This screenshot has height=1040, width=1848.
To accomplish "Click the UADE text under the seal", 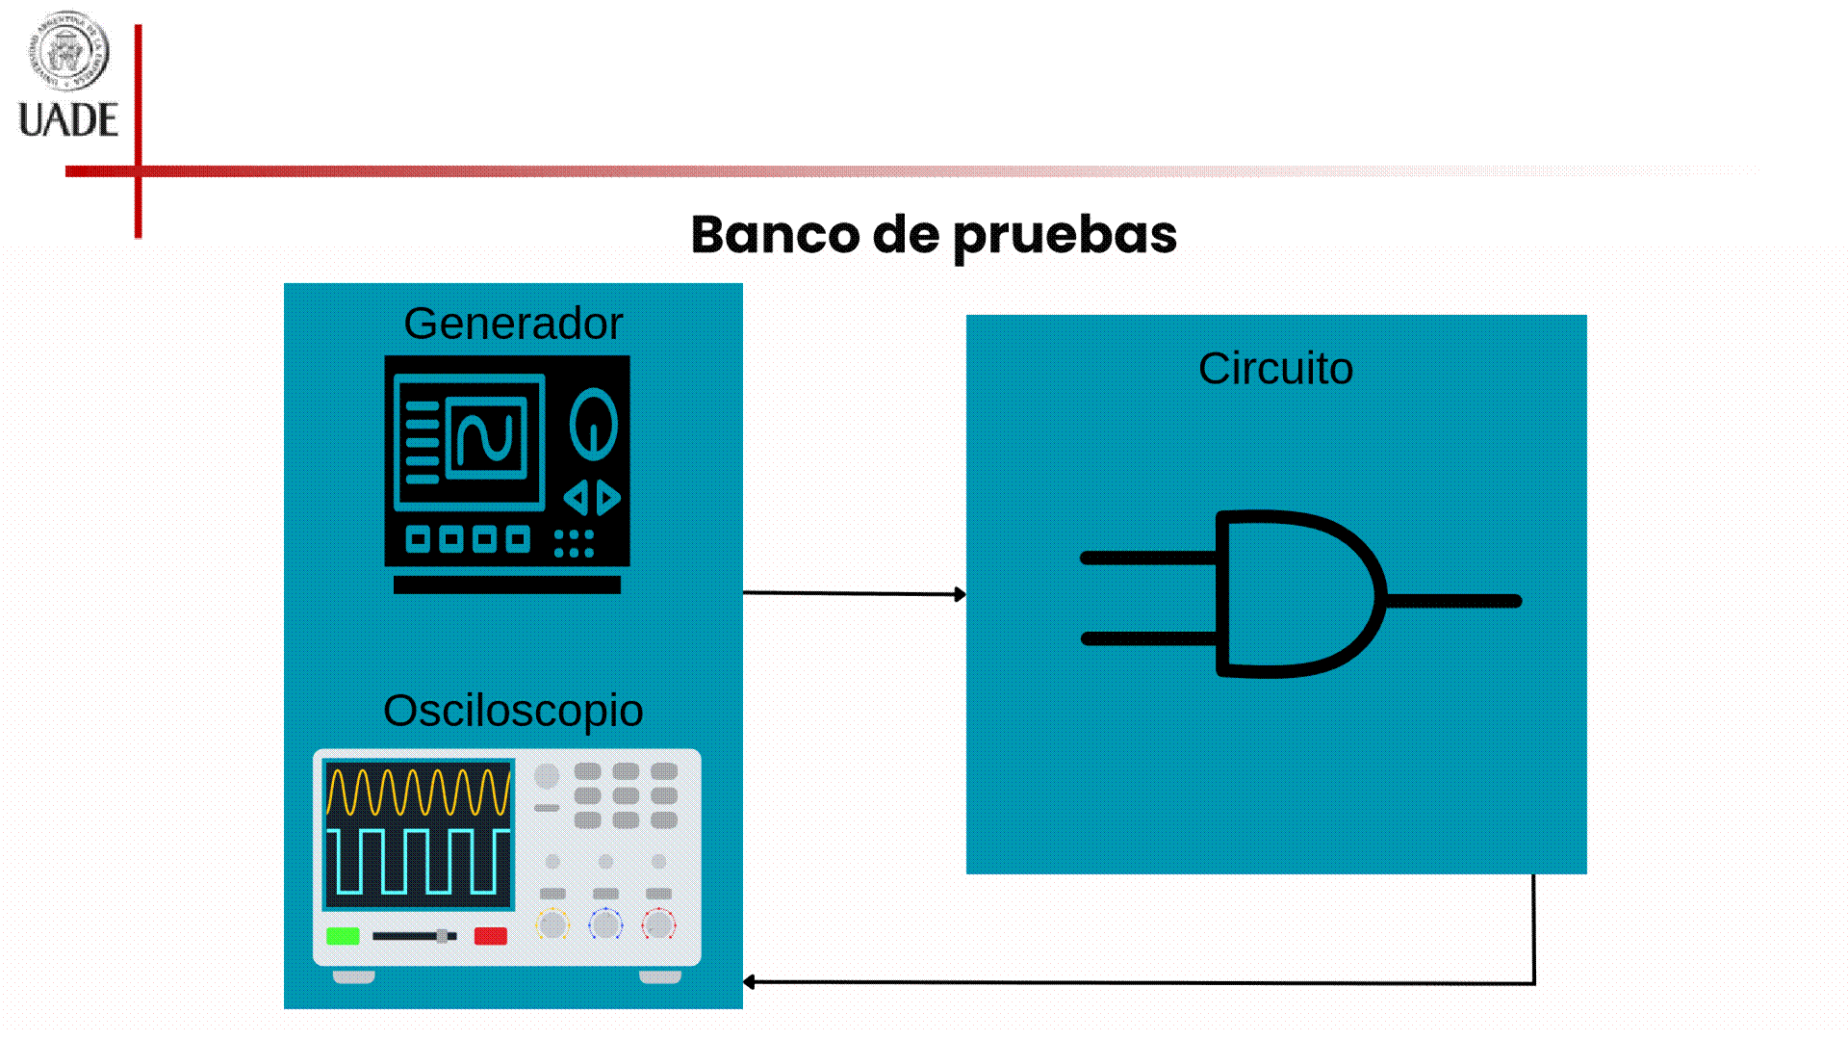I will [x=68, y=120].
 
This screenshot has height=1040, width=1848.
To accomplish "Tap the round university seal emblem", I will [x=67, y=50].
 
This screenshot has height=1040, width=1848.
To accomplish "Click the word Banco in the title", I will [x=775, y=234].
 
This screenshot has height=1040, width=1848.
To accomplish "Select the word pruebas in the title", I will [x=1065, y=236].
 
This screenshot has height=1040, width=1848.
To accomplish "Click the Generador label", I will [x=513, y=324].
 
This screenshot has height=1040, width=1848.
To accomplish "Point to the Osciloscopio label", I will [x=513, y=711].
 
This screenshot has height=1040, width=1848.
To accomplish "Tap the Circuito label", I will [x=1275, y=369].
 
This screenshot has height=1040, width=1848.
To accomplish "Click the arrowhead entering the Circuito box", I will [x=960, y=594].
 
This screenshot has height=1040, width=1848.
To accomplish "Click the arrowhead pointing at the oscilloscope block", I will [x=750, y=982].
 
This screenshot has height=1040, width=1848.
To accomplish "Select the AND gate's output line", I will [x=1453, y=601].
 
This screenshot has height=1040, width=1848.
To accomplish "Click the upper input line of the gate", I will [x=1148, y=558].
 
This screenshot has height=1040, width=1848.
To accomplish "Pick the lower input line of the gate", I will [x=1148, y=638].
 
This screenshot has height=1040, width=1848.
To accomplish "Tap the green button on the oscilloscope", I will [x=343, y=936].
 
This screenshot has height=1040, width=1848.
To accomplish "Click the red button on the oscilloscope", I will [x=491, y=936].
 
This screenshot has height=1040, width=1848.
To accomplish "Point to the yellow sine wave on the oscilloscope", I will [x=418, y=792].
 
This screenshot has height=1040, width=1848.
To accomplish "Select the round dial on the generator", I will [x=593, y=424].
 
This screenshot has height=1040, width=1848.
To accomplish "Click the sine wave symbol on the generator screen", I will [x=486, y=437].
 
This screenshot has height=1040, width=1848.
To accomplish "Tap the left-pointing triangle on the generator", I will [x=576, y=498].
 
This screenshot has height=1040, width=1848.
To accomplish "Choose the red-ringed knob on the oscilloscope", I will [x=658, y=924].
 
